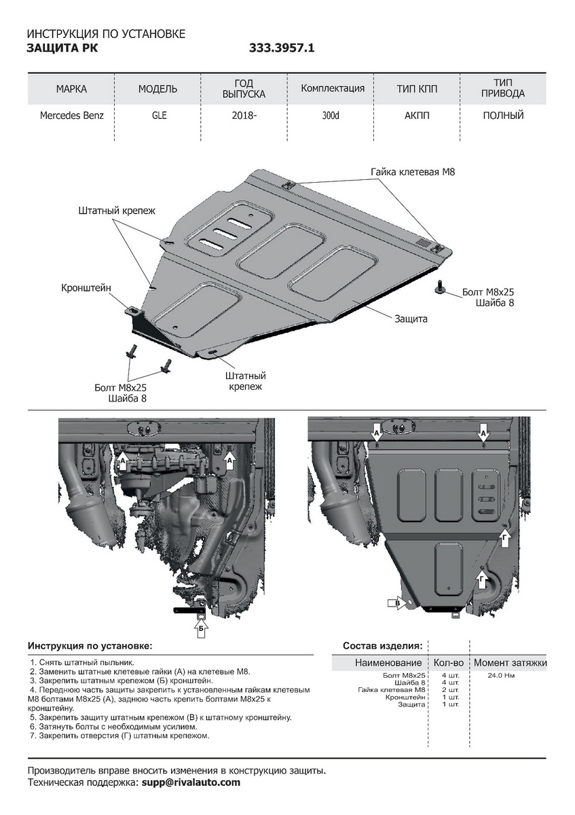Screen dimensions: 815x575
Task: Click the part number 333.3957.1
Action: (282, 48)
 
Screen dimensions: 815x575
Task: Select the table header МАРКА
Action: (71, 89)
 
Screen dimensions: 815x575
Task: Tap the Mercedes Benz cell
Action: (72, 115)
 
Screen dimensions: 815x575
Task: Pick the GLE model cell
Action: (159, 115)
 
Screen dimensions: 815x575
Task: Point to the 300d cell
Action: (331, 115)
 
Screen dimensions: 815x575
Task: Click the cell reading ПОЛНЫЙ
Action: (503, 115)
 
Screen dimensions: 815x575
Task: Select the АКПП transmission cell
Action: (417, 115)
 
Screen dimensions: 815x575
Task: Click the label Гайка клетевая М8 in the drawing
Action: (413, 172)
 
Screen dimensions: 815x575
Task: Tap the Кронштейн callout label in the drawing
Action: (86, 288)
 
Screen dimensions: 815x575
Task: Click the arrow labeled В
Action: (398, 602)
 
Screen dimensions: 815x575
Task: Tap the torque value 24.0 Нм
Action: (501, 676)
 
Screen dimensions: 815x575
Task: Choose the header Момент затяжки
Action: (510, 663)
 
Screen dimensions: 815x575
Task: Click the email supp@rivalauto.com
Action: (191, 782)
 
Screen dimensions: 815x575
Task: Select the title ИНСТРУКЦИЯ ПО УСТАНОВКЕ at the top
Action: (105, 33)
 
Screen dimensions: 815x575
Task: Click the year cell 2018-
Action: (244, 115)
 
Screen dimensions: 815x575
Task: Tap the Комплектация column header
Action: (333, 88)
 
